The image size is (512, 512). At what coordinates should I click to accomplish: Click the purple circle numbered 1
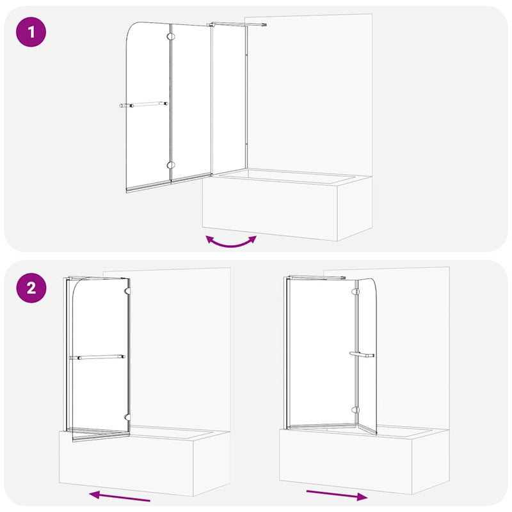[x=31, y=32]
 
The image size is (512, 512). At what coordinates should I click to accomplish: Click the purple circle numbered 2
[x=31, y=288]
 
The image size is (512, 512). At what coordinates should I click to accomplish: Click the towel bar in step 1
[x=143, y=104]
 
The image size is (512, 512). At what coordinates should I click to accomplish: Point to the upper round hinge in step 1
[x=170, y=36]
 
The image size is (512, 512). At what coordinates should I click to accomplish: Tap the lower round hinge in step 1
[x=170, y=165]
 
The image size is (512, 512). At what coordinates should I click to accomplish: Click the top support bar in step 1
[x=236, y=24]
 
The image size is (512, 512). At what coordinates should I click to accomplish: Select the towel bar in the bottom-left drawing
[x=97, y=357]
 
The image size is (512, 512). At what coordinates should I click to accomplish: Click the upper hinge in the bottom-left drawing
[x=127, y=291]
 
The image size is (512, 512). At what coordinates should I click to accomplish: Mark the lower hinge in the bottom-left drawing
[x=127, y=417]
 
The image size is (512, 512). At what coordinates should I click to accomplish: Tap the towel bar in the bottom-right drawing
[x=362, y=355]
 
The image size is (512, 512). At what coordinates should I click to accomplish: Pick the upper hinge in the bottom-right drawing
[x=355, y=291]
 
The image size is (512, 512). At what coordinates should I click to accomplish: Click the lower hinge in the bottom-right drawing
[x=355, y=410]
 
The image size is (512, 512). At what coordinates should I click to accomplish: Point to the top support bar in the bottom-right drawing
[x=316, y=278]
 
